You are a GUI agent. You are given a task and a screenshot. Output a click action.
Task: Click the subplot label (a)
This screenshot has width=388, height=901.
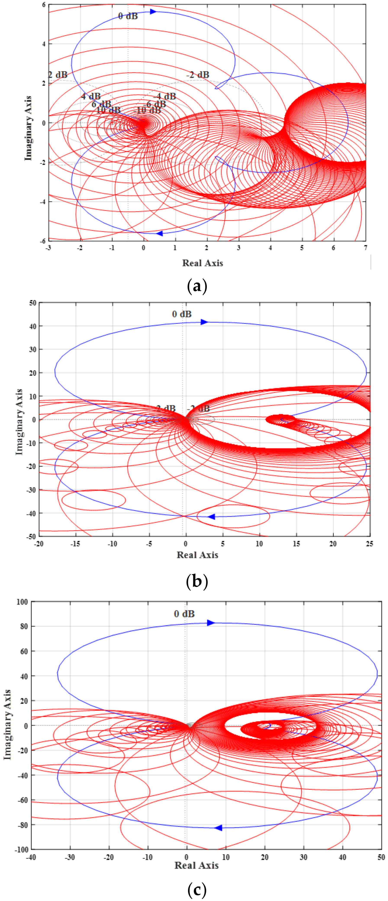pyautogui.click(x=197, y=286)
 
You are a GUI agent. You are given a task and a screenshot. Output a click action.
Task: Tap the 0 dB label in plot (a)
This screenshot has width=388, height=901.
pyautogui.click(x=128, y=16)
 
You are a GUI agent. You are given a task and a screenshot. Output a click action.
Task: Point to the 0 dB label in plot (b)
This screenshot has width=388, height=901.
pyautogui.click(x=182, y=314)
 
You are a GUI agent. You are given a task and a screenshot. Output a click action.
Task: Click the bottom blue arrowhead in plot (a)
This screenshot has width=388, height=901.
pyautogui.click(x=159, y=233)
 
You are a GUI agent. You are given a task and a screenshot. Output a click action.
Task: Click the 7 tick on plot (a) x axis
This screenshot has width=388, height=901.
pyautogui.click(x=366, y=248)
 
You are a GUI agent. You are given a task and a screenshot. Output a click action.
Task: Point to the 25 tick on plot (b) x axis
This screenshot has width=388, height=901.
pyautogui.click(x=369, y=544)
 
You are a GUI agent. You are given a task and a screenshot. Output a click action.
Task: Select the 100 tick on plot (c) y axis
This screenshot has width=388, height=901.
pyautogui.click(x=22, y=602)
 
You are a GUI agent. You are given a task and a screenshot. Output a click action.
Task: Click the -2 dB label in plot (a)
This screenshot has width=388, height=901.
pyautogui.click(x=198, y=75)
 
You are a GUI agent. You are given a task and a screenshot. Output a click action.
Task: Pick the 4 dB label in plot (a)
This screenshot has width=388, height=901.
pyautogui.click(x=91, y=96)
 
